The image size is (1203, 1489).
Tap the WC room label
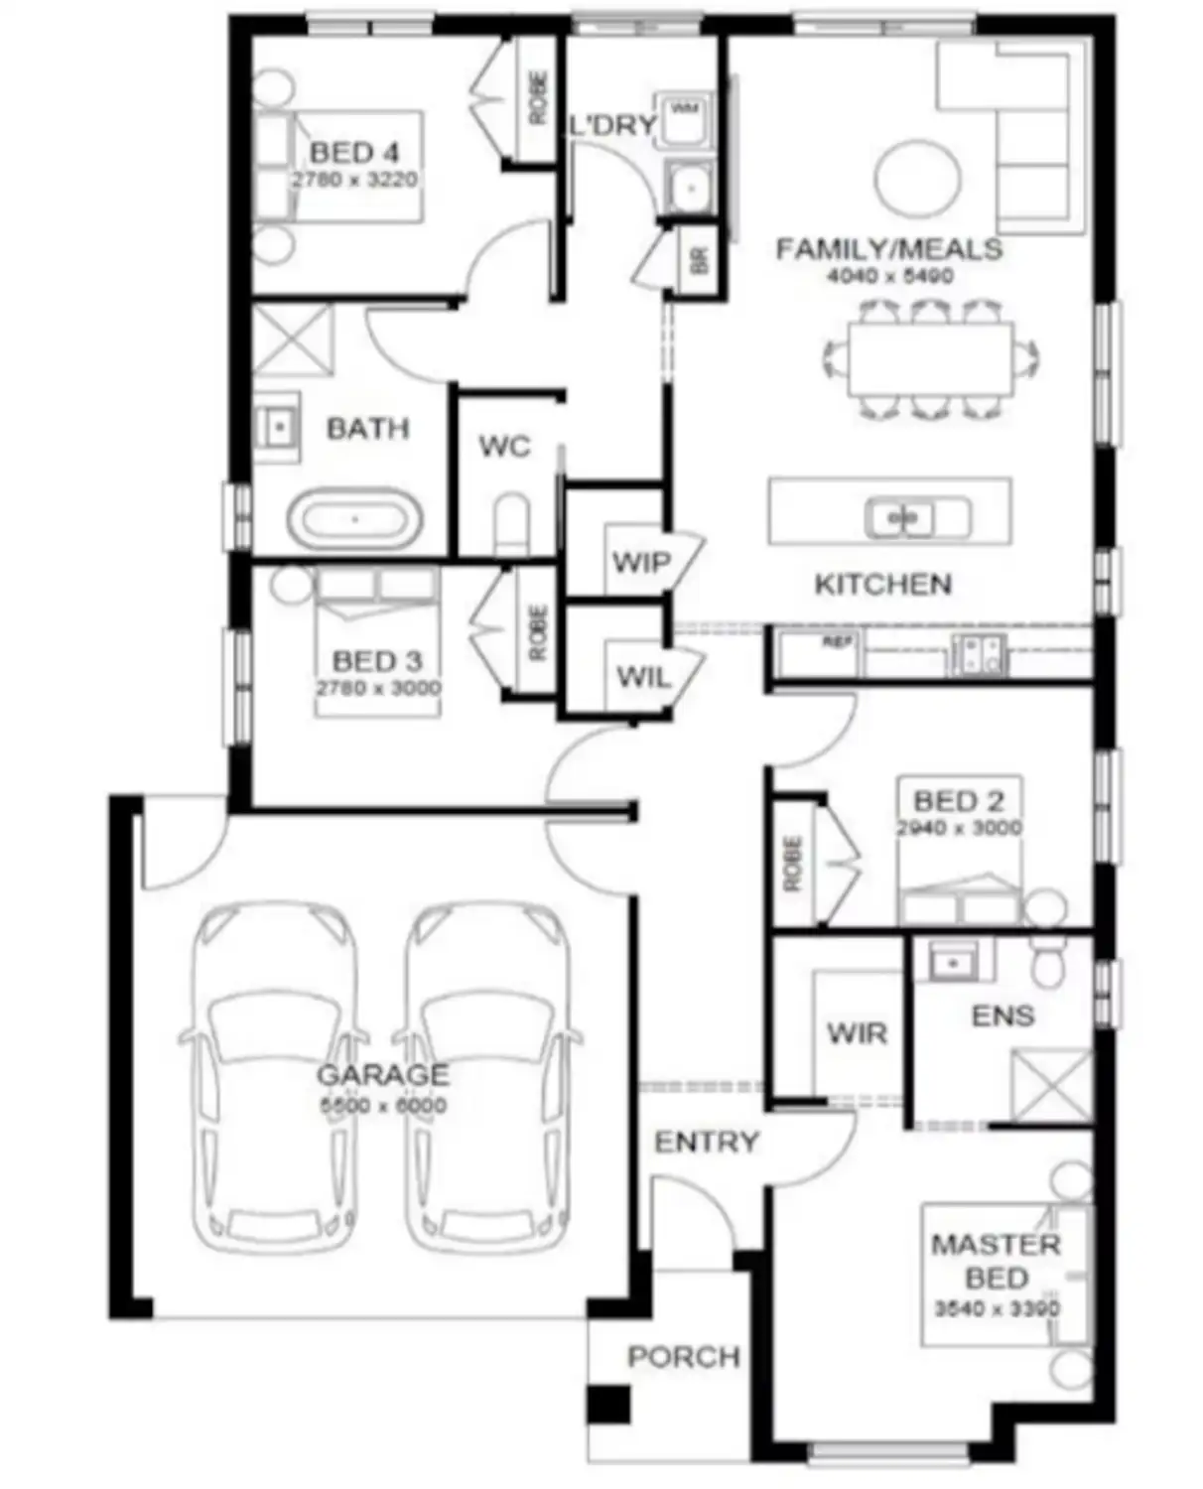click(x=504, y=447)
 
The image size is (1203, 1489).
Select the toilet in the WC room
click(x=511, y=523)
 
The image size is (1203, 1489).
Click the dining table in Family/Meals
click(x=930, y=358)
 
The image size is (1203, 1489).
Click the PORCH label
click(x=683, y=1357)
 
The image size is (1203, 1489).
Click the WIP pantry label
click(x=640, y=563)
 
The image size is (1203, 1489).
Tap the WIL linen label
click(x=643, y=678)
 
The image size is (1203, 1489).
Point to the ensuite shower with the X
click(x=1050, y=1086)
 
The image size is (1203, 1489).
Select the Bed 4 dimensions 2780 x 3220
click(x=354, y=181)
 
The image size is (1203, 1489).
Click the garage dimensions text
click(x=382, y=1106)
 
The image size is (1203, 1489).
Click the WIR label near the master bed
click(x=857, y=1033)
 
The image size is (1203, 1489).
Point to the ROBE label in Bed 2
click(x=792, y=864)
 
